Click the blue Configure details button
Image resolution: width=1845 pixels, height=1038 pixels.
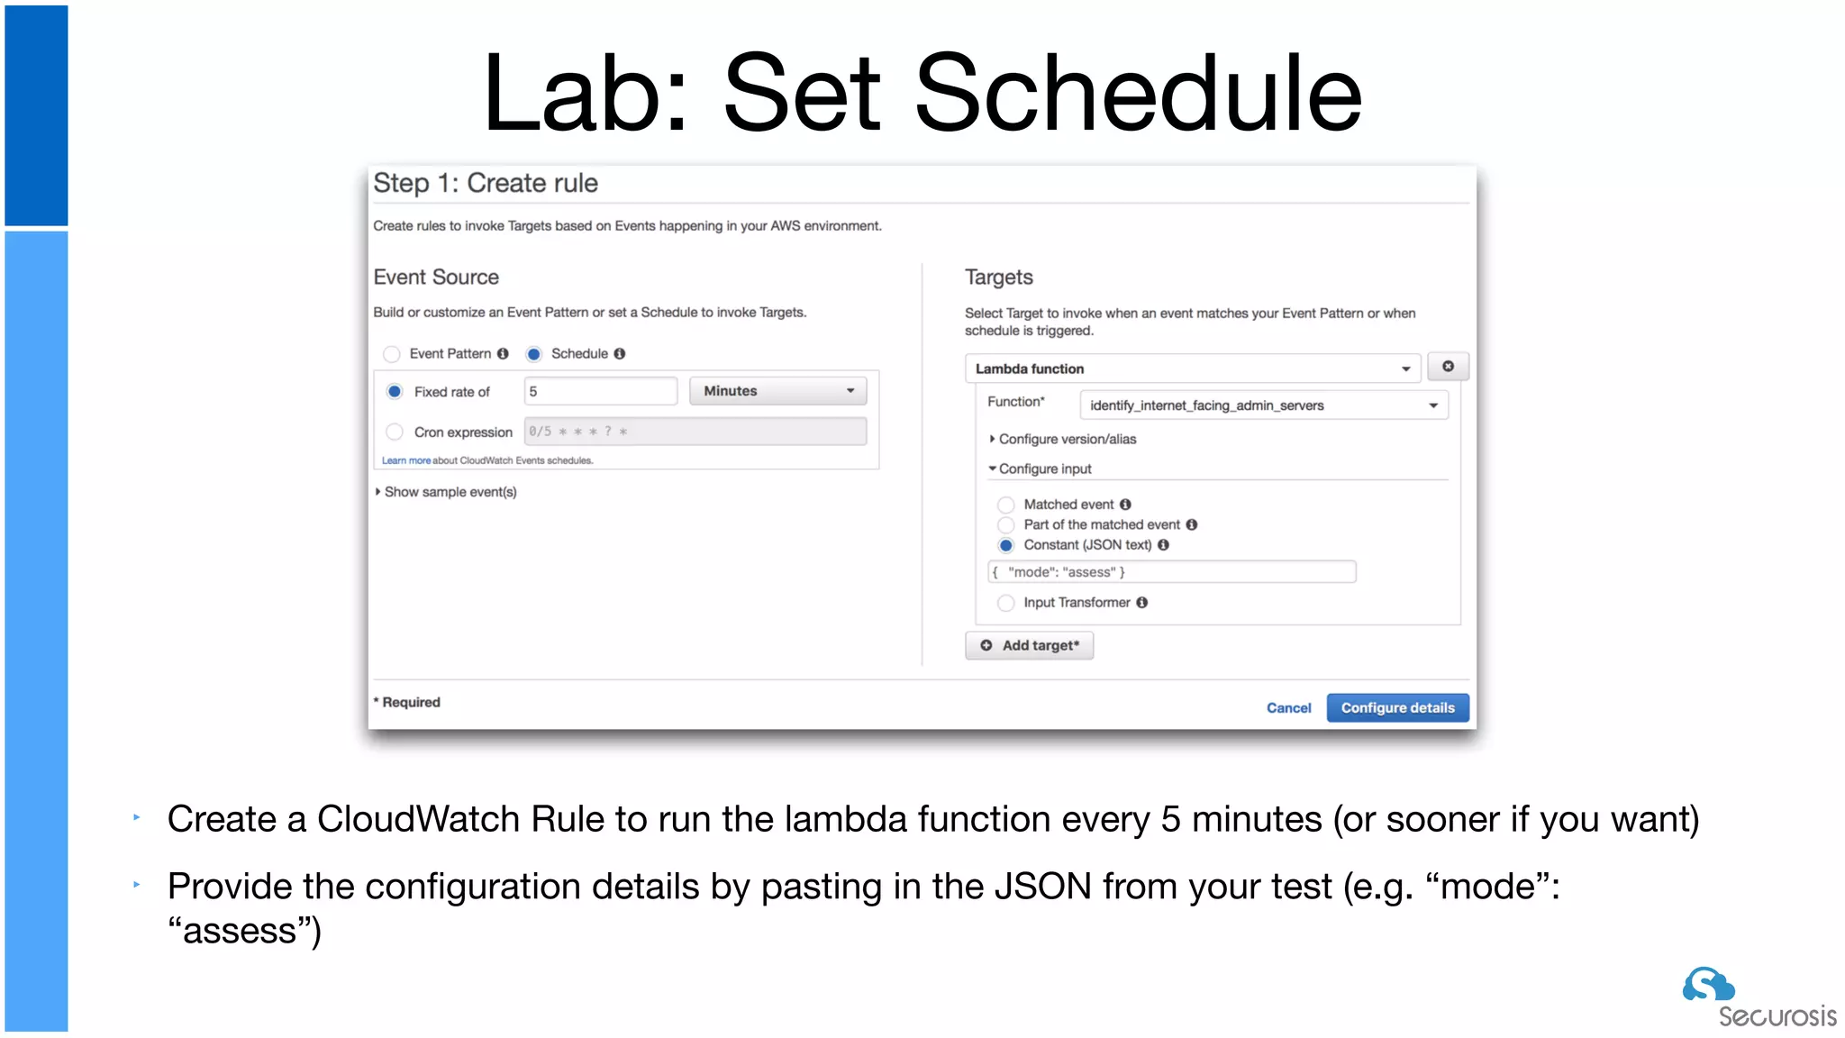pyautogui.click(x=1397, y=708)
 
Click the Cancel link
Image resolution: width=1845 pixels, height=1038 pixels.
pyautogui.click(x=1288, y=708)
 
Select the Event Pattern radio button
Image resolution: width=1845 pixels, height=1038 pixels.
pyautogui.click(x=392, y=354)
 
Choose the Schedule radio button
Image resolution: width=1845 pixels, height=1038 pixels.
pyautogui.click(x=534, y=354)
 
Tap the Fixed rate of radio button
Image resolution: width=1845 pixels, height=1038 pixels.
pyautogui.click(x=395, y=392)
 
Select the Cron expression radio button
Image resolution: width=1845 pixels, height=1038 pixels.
pyautogui.click(x=395, y=432)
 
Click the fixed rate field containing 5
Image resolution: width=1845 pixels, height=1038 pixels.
pyautogui.click(x=600, y=392)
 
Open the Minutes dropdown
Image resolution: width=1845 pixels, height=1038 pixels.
pyautogui.click(x=777, y=391)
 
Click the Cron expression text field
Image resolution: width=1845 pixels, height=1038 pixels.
pyautogui.click(x=695, y=432)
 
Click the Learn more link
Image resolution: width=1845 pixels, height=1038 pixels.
pyautogui.click(x=405, y=460)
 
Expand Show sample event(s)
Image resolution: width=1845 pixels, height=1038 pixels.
pyautogui.click(x=447, y=492)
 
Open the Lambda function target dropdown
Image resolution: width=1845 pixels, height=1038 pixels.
pyautogui.click(x=1192, y=369)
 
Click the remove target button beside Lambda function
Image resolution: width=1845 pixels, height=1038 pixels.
pyautogui.click(x=1448, y=367)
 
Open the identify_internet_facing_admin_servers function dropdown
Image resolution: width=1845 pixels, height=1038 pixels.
pyautogui.click(x=1263, y=405)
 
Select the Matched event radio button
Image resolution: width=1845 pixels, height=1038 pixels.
pyautogui.click(x=1006, y=505)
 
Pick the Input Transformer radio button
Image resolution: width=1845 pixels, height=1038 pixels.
pyautogui.click(x=1006, y=603)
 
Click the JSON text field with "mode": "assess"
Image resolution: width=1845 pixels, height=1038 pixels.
pyautogui.click(x=1171, y=572)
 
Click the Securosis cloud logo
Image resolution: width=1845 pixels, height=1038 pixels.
pyautogui.click(x=1707, y=985)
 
